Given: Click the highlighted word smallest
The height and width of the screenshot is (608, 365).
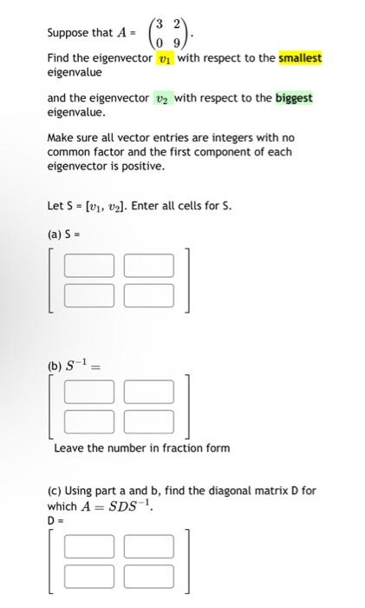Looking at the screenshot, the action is [x=300, y=58].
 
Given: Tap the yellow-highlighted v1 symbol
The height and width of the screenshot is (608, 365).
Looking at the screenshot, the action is [x=165, y=58].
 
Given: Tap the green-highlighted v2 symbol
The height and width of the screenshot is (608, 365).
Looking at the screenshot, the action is [x=161, y=98].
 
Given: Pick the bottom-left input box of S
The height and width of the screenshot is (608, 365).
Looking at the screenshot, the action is [x=88, y=294].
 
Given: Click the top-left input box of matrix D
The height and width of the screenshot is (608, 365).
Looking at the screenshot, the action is [x=88, y=545].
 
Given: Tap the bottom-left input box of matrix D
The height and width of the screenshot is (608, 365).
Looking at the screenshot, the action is [x=88, y=576].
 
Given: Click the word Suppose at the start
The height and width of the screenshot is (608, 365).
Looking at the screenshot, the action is [x=68, y=33].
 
